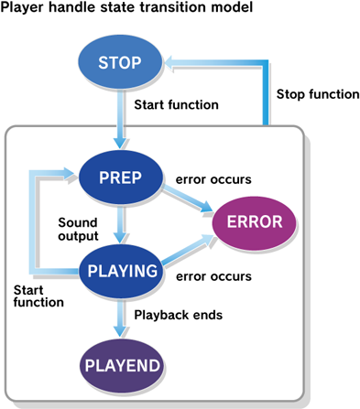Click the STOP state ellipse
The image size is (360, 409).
pyautogui.click(x=119, y=62)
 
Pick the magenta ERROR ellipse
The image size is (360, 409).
pyautogui.click(x=254, y=222)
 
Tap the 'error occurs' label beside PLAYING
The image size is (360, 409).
pyautogui.click(x=215, y=275)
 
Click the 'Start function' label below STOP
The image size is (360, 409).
pyautogui.click(x=176, y=104)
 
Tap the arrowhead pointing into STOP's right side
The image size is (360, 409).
pyautogui.click(x=173, y=62)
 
